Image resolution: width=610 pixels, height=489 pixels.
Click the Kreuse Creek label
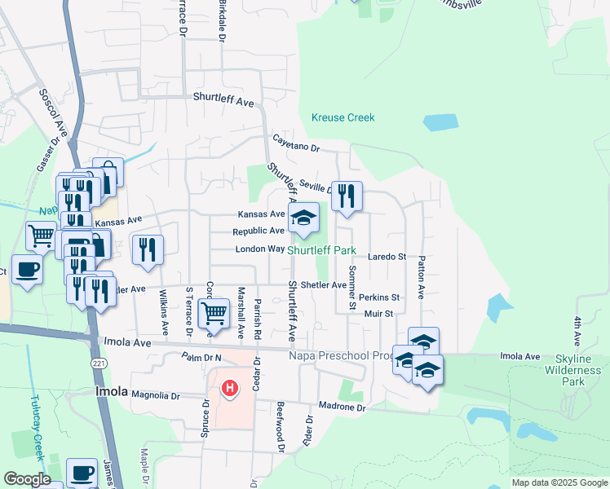coord(343,117)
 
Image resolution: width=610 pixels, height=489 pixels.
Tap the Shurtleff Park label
coord(321,250)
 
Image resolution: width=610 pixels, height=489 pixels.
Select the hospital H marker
coord(230,388)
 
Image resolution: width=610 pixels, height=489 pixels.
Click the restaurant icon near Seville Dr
coord(347,196)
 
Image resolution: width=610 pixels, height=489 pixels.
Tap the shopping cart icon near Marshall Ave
coord(214,311)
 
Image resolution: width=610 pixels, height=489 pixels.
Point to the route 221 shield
coord(99,363)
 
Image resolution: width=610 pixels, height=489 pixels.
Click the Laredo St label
coord(387,257)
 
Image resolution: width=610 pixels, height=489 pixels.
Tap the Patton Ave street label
coord(422,278)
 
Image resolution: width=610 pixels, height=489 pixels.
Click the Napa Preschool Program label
coord(341,355)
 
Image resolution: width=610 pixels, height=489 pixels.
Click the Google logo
coord(27,479)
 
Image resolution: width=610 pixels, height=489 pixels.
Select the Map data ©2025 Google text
coord(559,482)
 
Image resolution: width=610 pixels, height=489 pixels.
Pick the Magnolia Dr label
coord(155,395)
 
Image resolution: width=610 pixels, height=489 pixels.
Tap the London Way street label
coord(260,249)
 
